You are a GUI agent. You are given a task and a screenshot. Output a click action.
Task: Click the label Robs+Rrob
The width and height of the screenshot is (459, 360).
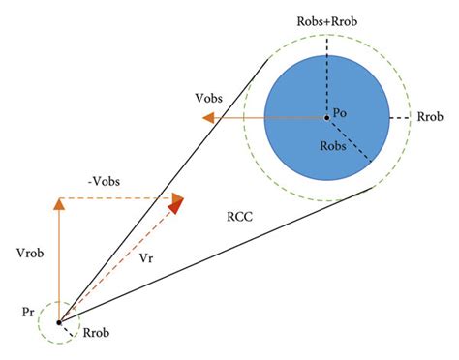(328, 20)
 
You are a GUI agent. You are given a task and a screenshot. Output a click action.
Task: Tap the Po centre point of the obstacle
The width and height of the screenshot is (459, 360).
(327, 118)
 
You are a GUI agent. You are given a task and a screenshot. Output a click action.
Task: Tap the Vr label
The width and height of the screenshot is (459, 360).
(145, 260)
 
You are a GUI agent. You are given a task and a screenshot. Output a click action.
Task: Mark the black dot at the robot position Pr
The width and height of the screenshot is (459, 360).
(59, 321)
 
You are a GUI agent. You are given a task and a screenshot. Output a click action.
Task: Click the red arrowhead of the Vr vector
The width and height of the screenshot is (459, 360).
(176, 203)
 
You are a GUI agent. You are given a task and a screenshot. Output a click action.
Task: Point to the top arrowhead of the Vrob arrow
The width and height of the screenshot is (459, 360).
(59, 204)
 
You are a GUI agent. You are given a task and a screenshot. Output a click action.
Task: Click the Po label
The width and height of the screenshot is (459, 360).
(340, 113)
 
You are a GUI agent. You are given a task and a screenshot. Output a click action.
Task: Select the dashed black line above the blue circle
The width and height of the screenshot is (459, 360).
(327, 45)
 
